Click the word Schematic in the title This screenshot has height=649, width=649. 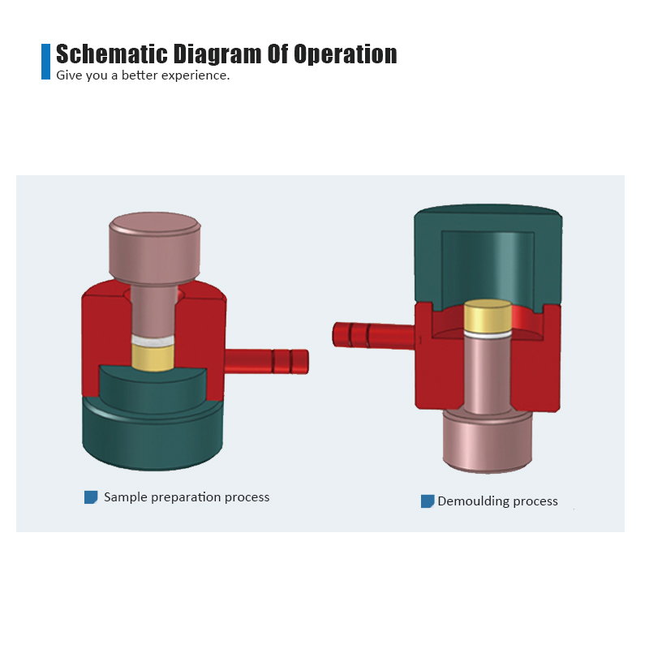(x=112, y=54)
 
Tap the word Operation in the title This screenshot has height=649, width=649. (x=346, y=54)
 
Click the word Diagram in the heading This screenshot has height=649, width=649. (x=217, y=54)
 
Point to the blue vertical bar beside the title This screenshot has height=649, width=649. (x=45, y=62)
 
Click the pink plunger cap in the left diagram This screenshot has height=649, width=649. (x=155, y=247)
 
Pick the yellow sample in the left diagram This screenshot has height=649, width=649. (x=153, y=357)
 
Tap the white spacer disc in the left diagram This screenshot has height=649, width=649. (x=153, y=340)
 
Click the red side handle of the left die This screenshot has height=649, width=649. (x=267, y=361)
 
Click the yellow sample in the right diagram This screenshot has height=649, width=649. (x=488, y=316)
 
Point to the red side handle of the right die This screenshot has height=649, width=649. (x=374, y=335)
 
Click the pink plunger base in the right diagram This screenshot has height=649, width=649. (x=488, y=441)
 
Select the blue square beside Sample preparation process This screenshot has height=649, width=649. (x=91, y=497)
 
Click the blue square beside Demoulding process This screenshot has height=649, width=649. (x=428, y=501)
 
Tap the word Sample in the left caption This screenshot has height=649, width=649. (x=126, y=497)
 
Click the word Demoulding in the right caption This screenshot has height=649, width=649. (x=473, y=501)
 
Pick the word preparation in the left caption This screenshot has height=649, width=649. (x=186, y=497)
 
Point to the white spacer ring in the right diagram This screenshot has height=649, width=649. (x=488, y=334)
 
